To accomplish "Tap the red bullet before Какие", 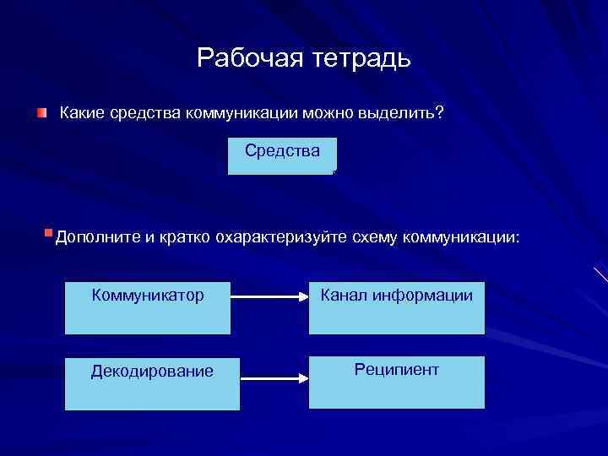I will [x=41, y=113].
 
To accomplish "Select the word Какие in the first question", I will [x=82, y=114].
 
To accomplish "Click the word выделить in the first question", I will [x=391, y=114].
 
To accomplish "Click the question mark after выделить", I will [x=440, y=114].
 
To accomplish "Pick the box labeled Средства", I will [x=282, y=156].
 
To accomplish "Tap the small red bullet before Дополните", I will [x=48, y=231].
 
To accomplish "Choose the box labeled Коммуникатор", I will [x=147, y=308].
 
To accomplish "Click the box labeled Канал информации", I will [x=396, y=308].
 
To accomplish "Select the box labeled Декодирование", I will [x=147, y=383].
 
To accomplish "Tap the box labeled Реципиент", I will [x=396, y=383].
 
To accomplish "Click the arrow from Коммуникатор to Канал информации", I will [x=269, y=297].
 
